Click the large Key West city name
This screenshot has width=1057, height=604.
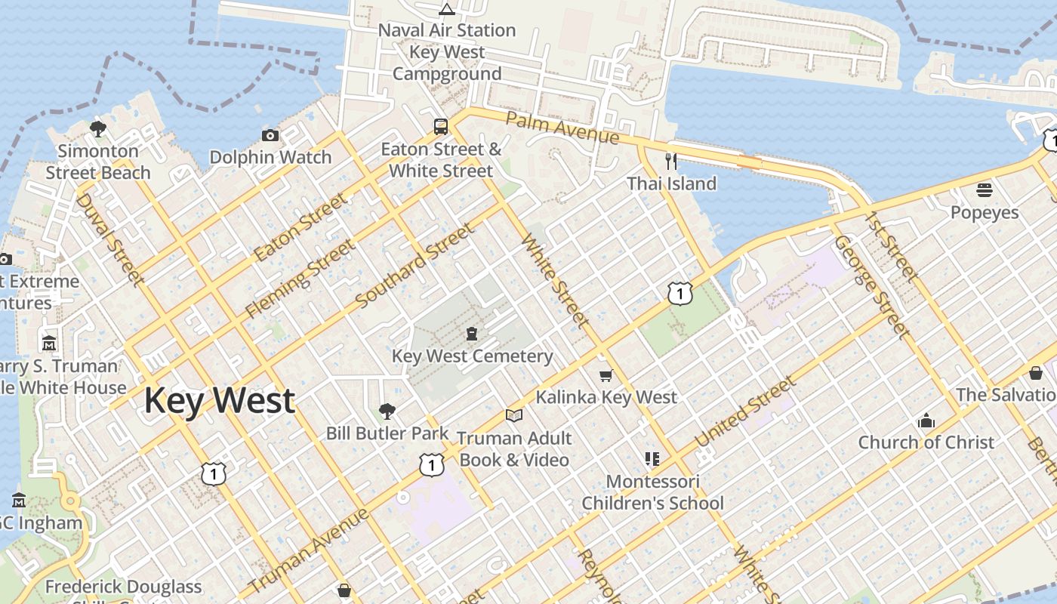219,400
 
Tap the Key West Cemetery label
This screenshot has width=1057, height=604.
472,356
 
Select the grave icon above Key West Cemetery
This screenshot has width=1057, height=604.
472,333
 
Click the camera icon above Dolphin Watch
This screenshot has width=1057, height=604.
270,135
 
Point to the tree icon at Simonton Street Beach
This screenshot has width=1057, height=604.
97,128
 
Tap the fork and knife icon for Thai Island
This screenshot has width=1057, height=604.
670,161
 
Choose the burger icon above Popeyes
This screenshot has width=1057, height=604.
984,190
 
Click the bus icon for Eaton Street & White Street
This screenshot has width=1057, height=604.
441,126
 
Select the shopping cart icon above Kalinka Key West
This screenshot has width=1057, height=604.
606,374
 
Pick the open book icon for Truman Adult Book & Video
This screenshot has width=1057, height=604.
514,415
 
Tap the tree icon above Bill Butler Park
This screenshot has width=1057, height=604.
387,411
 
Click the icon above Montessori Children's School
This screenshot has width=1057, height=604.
652,458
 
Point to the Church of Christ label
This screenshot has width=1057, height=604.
926,442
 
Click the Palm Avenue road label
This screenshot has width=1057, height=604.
562,128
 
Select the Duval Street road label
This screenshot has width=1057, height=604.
110,239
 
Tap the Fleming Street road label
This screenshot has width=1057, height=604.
300,278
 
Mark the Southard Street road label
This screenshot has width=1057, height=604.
414,266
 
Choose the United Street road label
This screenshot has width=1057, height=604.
745,412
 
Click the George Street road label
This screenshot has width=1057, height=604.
871,287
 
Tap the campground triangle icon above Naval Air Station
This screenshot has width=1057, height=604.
447,9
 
